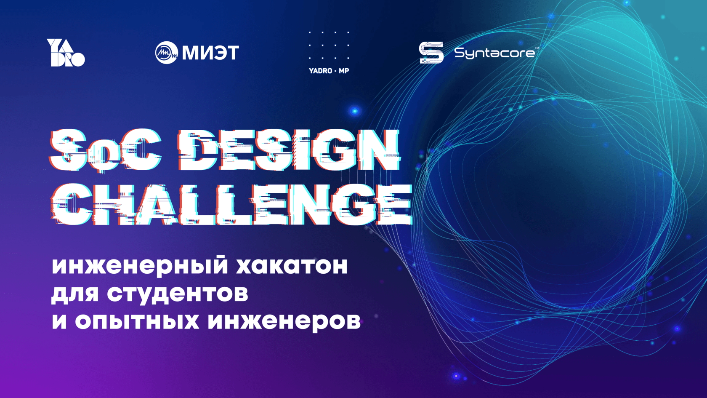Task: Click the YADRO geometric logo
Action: click(x=65, y=53)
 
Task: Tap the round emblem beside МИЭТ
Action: click(x=166, y=53)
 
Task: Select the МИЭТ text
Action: click(x=210, y=53)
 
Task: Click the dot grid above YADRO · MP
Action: click(x=329, y=45)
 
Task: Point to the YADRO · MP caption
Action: click(x=329, y=71)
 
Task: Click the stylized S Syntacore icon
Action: click(x=431, y=53)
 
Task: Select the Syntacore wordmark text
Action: click(x=494, y=53)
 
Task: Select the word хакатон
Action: click(x=292, y=265)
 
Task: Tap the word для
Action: click(x=75, y=294)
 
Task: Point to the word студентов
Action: click(x=177, y=294)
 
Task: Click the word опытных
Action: click(x=137, y=321)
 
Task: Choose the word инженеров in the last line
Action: click(x=284, y=321)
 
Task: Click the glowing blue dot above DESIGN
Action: click(x=355, y=111)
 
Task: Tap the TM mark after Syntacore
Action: click(x=537, y=48)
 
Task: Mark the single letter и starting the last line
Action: click(x=59, y=321)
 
